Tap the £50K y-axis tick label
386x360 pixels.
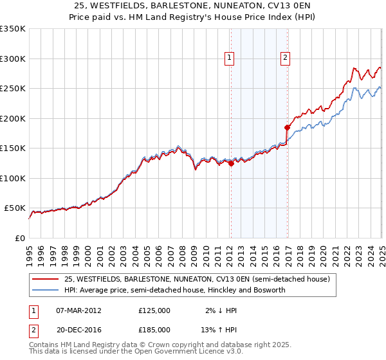(x=15, y=208)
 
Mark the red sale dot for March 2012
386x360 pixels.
(x=231, y=163)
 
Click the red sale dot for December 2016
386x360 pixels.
(x=288, y=127)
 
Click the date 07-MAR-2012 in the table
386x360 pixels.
(x=78, y=310)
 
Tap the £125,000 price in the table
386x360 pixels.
(x=154, y=310)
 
